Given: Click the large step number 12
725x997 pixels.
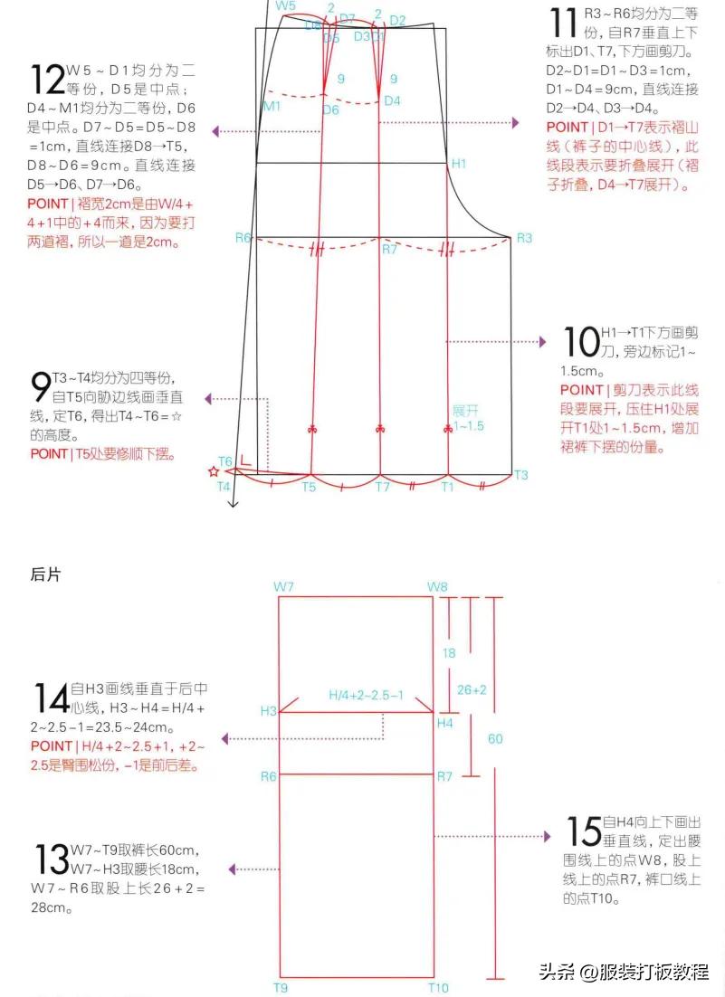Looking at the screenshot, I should [x=47, y=79].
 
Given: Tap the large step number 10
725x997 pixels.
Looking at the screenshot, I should [x=579, y=342].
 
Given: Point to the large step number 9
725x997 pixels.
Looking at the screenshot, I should [x=41, y=386].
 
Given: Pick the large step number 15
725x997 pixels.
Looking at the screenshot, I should [x=584, y=831].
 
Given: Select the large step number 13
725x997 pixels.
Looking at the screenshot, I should [x=51, y=859].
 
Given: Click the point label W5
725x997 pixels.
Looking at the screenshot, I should [x=286, y=6].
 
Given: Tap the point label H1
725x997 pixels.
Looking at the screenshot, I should [x=459, y=164].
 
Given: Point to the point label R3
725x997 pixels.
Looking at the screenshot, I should [x=524, y=238].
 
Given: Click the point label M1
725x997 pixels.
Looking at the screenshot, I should [x=272, y=106].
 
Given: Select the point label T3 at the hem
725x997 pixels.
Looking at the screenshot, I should [x=521, y=475].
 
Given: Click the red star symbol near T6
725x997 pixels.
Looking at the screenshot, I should [x=214, y=471].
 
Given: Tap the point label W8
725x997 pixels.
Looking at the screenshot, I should [x=437, y=587].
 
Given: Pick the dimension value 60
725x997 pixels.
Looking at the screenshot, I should [x=495, y=739].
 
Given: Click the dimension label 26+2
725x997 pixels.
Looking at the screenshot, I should [x=472, y=689].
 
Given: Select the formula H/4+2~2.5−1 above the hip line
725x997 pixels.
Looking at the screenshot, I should [x=367, y=695].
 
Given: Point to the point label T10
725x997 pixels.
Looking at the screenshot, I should [x=439, y=988].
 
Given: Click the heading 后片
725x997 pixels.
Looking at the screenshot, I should [x=45, y=574].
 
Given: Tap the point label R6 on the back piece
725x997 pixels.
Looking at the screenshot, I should [x=268, y=776].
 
